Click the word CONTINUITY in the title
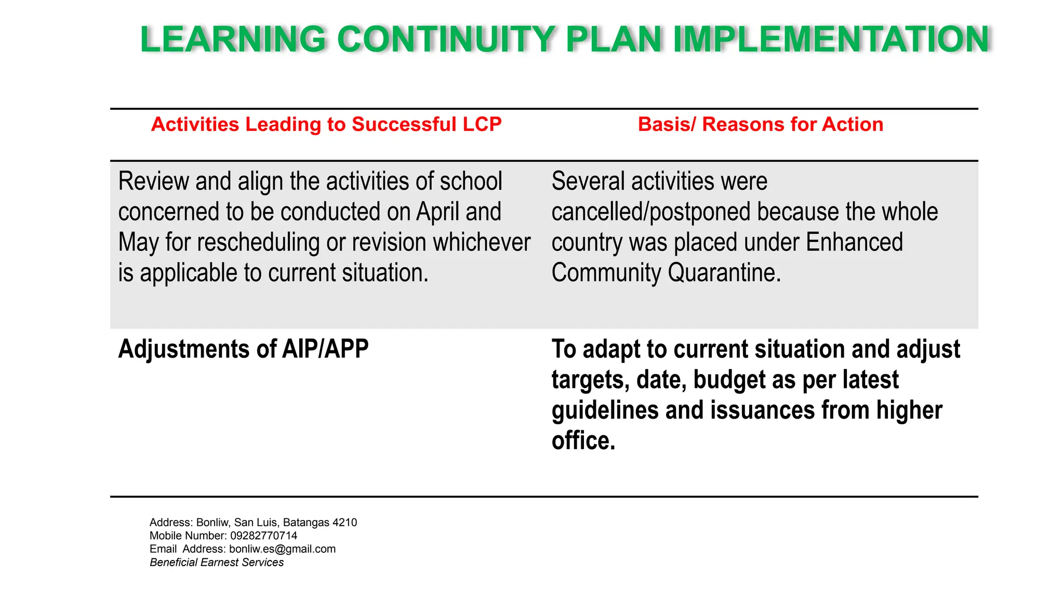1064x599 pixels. (x=446, y=40)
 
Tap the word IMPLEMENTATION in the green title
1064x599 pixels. (x=831, y=40)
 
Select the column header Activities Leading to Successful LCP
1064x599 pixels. (x=326, y=124)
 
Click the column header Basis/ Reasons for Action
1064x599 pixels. (x=760, y=124)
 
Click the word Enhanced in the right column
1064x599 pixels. (x=854, y=243)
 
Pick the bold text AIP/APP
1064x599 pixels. (x=325, y=349)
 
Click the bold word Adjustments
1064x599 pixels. (x=197, y=349)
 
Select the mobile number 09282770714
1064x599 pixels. (x=264, y=536)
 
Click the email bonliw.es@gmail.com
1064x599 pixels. (x=282, y=549)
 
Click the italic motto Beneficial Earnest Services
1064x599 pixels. (x=217, y=563)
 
